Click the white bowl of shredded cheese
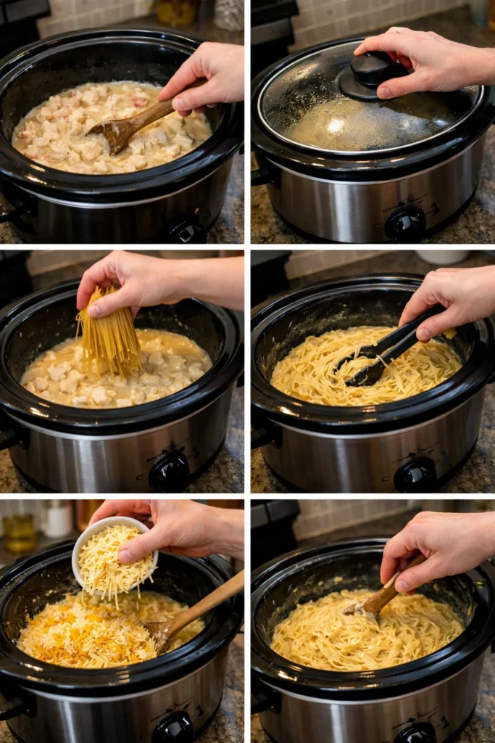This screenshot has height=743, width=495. [114, 556]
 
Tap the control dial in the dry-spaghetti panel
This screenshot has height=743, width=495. [169, 472]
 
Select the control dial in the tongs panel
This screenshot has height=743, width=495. [415, 475]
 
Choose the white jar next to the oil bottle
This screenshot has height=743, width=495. [57, 518]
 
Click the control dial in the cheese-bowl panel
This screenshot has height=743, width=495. [172, 727]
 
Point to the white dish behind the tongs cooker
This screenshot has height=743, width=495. [442, 258]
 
